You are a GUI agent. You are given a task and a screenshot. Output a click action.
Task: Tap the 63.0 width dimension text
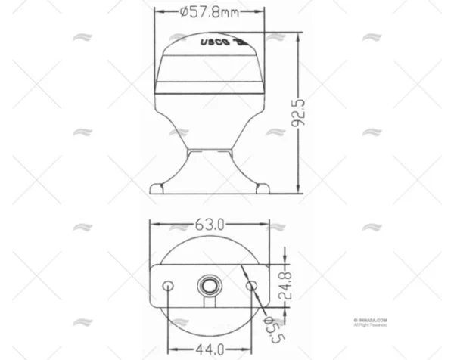click(x=210, y=225)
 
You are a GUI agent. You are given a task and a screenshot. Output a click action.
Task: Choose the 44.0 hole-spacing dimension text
click(x=210, y=349)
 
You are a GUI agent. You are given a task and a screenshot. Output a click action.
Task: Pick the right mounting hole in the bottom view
click(x=252, y=284)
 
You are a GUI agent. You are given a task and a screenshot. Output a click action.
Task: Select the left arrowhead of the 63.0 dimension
click(x=152, y=225)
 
